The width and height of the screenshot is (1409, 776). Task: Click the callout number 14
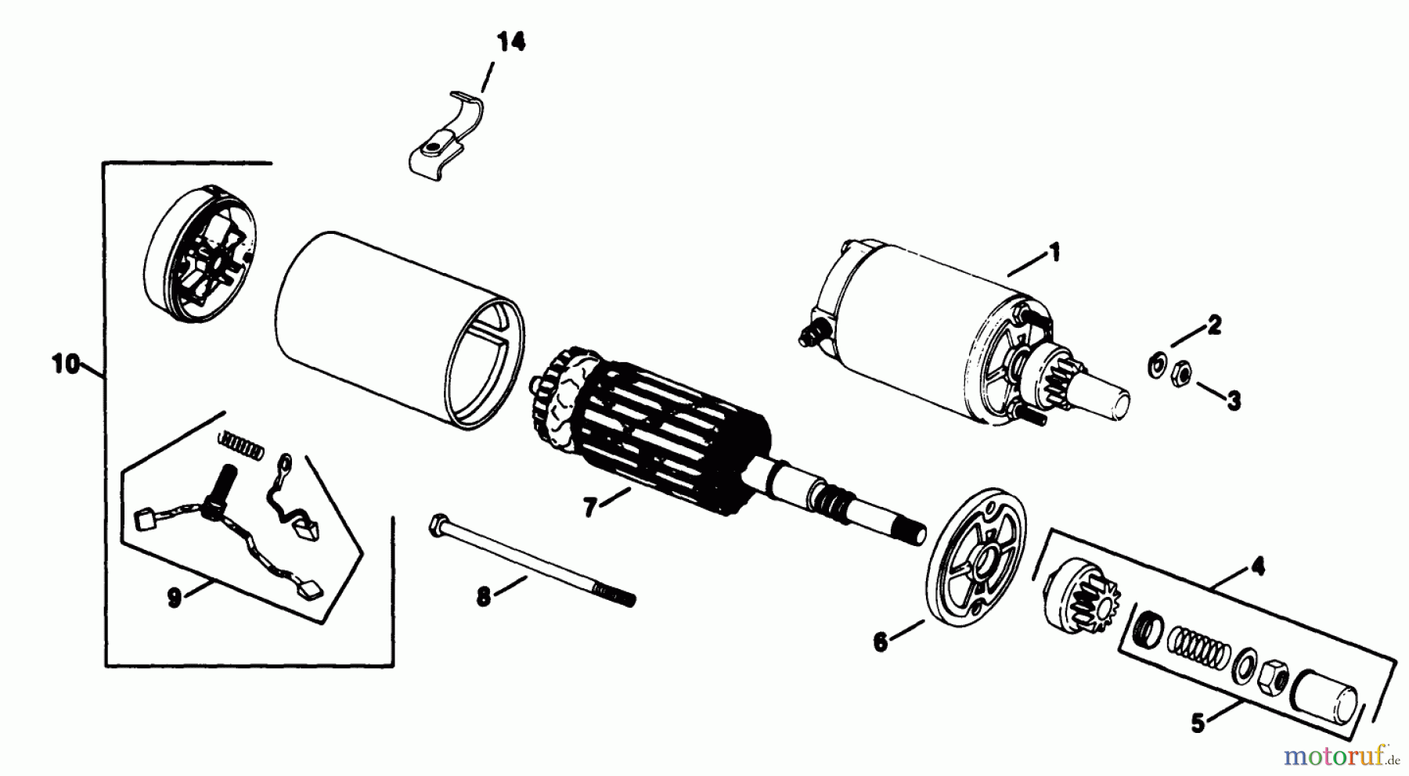click(x=510, y=42)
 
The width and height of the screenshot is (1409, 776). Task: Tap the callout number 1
click(x=1054, y=253)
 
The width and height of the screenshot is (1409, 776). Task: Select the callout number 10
click(x=67, y=364)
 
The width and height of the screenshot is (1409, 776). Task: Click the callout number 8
click(x=483, y=598)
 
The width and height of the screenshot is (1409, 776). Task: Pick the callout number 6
click(x=881, y=642)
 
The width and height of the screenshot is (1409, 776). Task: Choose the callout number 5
click(x=1198, y=724)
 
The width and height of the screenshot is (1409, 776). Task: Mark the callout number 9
click(x=174, y=598)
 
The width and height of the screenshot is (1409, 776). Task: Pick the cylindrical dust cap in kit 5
click(x=1328, y=695)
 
